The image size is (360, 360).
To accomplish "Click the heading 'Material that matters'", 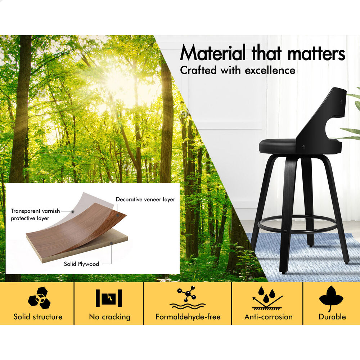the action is click(x=262, y=53).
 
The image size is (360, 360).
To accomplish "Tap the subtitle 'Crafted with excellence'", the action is click(x=238, y=70).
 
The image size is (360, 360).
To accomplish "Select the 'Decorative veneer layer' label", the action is click(x=145, y=199).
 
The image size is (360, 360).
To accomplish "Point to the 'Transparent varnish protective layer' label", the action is click(x=35, y=215).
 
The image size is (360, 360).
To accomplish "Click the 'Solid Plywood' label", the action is click(x=81, y=264).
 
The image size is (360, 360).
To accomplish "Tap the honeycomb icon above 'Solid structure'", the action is click(x=39, y=298).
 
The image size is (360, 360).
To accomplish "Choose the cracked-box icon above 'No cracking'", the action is click(x=109, y=298).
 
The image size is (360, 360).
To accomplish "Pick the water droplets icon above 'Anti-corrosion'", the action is click(x=267, y=298).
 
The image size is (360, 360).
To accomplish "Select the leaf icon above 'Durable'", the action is click(x=331, y=298).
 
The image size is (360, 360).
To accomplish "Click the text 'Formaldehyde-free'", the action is click(x=188, y=317).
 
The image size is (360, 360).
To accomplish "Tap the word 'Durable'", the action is click(x=332, y=317).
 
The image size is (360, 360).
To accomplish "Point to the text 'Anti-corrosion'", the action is click(x=269, y=317).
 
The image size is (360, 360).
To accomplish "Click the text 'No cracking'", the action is click(x=109, y=317).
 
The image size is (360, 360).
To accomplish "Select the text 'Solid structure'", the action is click(x=38, y=317).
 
